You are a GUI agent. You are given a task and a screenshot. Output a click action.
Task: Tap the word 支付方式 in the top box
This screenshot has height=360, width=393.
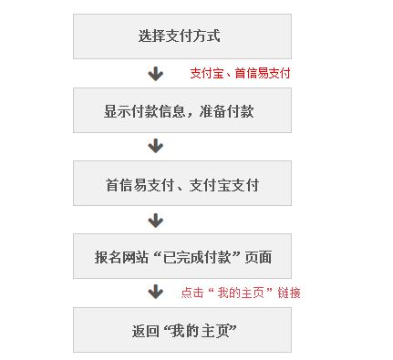point(191,37)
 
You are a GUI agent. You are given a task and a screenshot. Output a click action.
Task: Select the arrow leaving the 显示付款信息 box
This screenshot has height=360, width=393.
point(156,146)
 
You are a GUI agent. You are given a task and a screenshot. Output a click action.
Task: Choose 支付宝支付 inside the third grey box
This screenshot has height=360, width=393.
point(225,185)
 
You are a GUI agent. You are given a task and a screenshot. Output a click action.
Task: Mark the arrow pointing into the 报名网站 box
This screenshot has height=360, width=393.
point(156,221)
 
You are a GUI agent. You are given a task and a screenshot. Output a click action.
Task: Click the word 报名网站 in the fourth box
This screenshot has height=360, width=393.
point(121,258)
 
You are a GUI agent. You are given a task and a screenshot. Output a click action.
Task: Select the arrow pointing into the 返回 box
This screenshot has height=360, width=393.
point(156,293)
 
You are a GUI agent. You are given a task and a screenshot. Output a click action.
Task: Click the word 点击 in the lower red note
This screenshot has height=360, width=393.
point(191,293)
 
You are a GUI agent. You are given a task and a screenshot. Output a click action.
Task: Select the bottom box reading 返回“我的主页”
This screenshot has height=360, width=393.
point(182,330)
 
